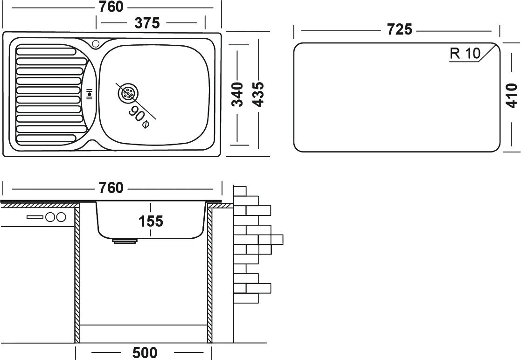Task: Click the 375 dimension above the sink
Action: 148,22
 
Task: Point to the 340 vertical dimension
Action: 238,95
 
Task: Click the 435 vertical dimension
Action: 258,95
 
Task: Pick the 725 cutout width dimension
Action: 400,30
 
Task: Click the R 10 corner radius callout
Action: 465,54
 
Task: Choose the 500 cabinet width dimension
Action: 144,352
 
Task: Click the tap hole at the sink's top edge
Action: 96,44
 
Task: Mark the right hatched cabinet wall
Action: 210,275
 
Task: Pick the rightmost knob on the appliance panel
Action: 61,217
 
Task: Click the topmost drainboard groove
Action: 45,50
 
